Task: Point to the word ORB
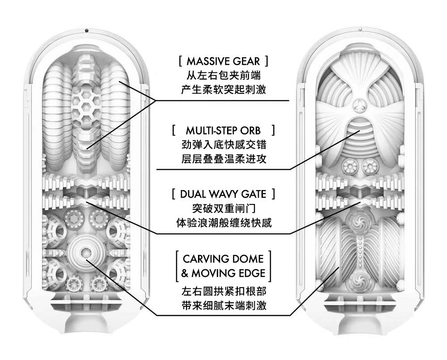[251, 131]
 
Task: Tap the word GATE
[254, 194]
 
